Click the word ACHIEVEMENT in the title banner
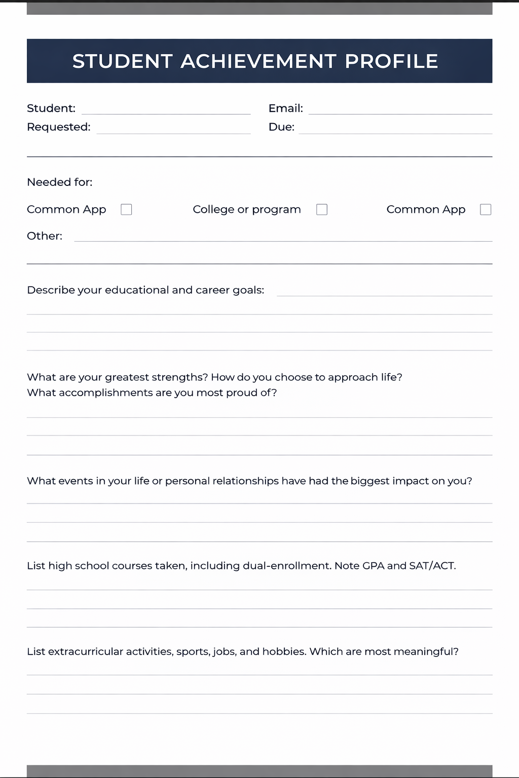tap(258, 61)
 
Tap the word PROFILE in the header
tap(391, 61)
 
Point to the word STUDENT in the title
tap(123, 61)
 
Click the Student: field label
tap(51, 108)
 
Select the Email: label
tap(285, 108)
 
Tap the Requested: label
tap(59, 127)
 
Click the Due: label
tap(281, 127)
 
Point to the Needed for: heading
tap(60, 182)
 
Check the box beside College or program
tap(322, 210)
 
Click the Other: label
tap(45, 236)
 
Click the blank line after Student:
tap(166, 110)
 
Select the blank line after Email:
tap(400, 110)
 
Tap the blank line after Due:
tap(395, 130)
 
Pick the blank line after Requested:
tap(173, 130)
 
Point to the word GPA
tap(373, 566)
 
